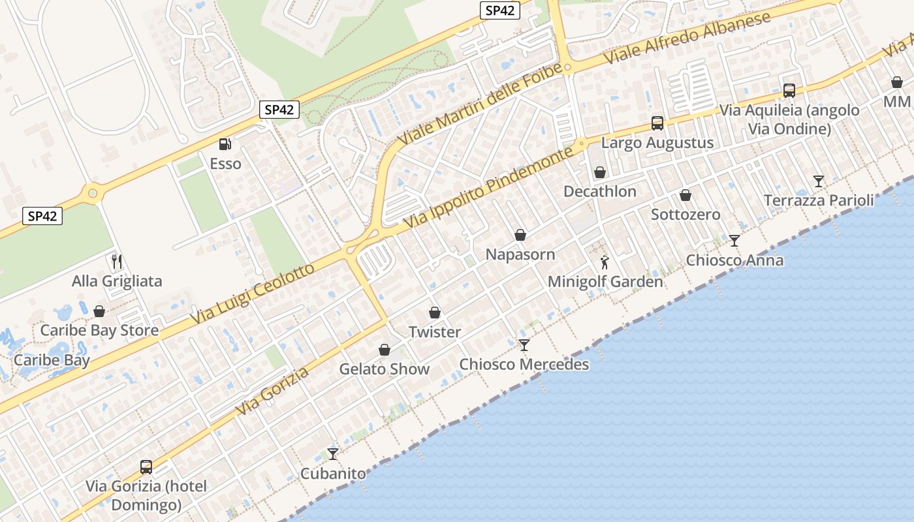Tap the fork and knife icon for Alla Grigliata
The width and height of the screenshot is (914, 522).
click(x=117, y=262)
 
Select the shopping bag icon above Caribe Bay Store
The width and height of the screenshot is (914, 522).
click(x=99, y=311)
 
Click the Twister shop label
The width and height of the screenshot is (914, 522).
click(x=435, y=332)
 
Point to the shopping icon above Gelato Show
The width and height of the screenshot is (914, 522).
click(x=385, y=350)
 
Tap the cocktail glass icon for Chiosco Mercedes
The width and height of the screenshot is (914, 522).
click(x=524, y=345)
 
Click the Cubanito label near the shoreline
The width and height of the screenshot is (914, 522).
click(x=333, y=473)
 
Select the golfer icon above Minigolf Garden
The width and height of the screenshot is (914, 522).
click(x=605, y=262)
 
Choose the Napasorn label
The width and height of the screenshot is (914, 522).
click(x=520, y=254)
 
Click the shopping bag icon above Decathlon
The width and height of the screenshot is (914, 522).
click(x=599, y=172)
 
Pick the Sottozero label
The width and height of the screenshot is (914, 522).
click(x=685, y=215)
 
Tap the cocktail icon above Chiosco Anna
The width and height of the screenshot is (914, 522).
click(x=734, y=241)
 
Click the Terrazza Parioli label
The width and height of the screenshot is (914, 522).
click(x=819, y=200)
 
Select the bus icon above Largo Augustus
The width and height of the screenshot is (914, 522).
click(x=657, y=123)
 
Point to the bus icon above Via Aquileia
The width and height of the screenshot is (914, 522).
click(x=789, y=91)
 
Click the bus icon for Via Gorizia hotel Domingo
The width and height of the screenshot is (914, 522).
click(x=146, y=467)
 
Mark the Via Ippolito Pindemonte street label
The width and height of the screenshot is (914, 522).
click(x=488, y=188)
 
